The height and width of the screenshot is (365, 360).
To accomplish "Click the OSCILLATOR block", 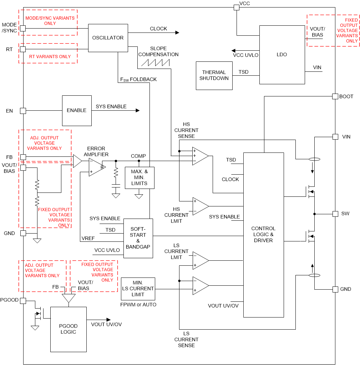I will click(x=108, y=38).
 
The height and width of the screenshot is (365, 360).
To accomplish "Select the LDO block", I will click(x=282, y=55).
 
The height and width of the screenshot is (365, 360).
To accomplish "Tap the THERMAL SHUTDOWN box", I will click(x=214, y=75).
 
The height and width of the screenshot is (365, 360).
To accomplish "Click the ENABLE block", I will click(x=76, y=110).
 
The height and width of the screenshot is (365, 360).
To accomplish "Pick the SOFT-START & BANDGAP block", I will click(x=138, y=238).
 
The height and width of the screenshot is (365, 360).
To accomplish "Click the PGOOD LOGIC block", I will click(x=68, y=329).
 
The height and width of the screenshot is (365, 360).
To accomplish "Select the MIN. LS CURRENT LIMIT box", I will click(x=138, y=289).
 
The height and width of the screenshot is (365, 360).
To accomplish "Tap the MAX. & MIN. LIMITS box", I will click(x=139, y=177).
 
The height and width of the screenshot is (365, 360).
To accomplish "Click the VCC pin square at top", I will click(x=236, y=7).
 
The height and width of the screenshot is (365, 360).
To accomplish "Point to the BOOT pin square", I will click(x=335, y=96).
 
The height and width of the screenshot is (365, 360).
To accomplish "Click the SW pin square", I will click(x=335, y=214).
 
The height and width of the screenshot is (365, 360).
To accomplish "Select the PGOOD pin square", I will click(x=23, y=301).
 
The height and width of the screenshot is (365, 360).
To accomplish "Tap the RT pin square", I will click(x=23, y=49).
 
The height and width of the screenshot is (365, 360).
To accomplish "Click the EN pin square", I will click(x=23, y=111).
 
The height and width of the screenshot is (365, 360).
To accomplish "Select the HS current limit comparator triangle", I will click(x=200, y=206).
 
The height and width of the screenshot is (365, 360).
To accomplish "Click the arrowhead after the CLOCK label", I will click(x=177, y=32).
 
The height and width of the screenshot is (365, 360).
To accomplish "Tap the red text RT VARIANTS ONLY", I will click(x=48, y=56).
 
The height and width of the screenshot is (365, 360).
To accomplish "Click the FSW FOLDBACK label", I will click(x=139, y=79).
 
